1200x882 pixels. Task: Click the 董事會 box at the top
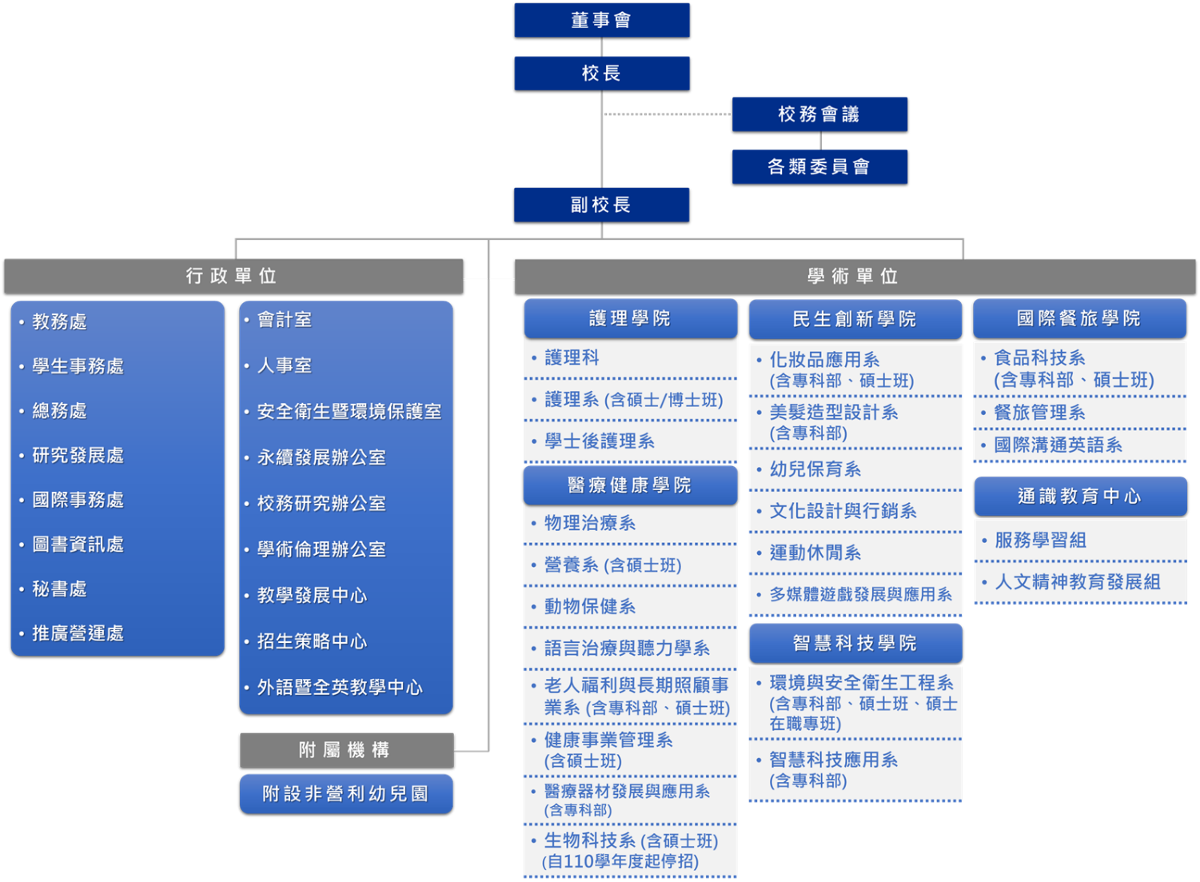601,20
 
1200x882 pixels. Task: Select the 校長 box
601,73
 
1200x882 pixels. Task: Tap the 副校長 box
601,205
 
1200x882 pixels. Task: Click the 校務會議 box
819,114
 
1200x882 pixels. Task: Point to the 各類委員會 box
819,166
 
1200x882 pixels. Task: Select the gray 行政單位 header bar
233,276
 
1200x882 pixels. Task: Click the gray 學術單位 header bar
855,277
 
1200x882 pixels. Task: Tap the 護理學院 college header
630,318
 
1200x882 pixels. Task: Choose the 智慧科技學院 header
855,643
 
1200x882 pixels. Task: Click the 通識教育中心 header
1079,497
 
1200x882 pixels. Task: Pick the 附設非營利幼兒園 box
346,793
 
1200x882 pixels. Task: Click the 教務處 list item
59,321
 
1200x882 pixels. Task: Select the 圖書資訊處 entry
78,545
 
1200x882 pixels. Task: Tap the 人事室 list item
285,365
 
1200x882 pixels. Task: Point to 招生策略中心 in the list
312,641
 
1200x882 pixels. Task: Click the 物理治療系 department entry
590,523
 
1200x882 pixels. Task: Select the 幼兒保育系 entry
815,469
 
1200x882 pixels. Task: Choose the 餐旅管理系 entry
1039,413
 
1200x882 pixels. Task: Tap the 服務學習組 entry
1040,541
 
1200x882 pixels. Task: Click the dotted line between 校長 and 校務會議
667,114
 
